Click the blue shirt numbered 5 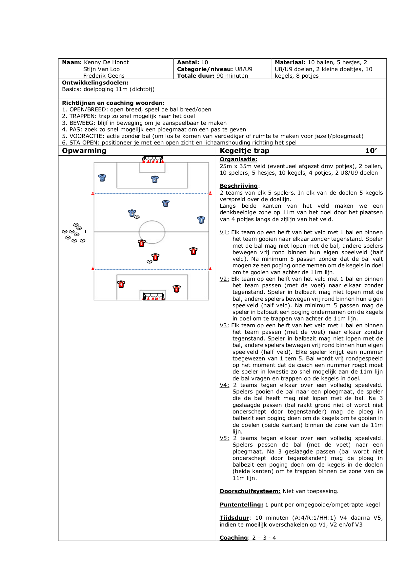[x=102, y=178]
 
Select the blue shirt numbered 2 [x=155, y=179]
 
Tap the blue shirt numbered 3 [x=201, y=220]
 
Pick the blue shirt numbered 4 [x=166, y=203]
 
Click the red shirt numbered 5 [x=142, y=243]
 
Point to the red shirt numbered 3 [x=193, y=251]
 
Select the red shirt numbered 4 [x=121, y=284]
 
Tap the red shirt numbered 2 [x=176, y=288]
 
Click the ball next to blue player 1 [x=137, y=217]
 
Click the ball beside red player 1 [x=149, y=261]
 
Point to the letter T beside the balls [x=86, y=231]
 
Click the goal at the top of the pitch [x=152, y=160]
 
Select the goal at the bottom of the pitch [x=153, y=297]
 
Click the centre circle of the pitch [x=152, y=232]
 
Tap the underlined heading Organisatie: [x=238, y=160]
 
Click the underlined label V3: [x=224, y=325]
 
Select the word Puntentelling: [x=241, y=505]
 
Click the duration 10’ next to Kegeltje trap [x=371, y=151]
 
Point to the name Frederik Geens [x=104, y=76]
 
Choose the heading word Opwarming [x=84, y=151]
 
